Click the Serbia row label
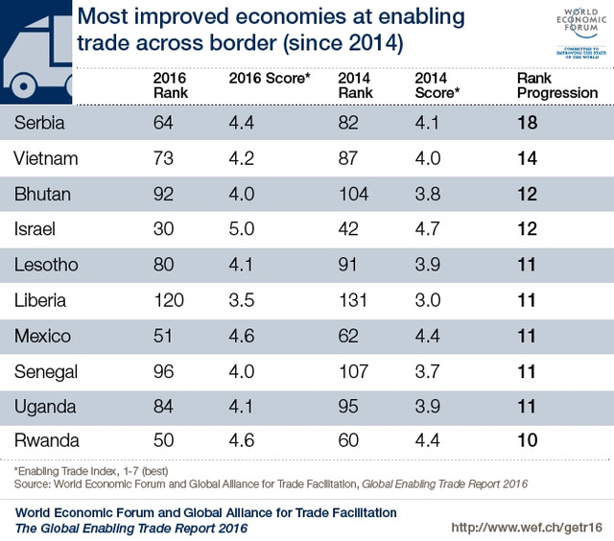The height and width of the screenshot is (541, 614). pyautogui.click(x=40, y=122)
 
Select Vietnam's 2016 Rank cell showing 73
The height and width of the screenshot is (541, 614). pyautogui.click(x=164, y=157)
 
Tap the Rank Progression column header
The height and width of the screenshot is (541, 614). pyautogui.click(x=556, y=85)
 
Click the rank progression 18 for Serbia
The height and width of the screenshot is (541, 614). pyautogui.click(x=526, y=122)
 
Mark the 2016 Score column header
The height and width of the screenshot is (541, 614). pyautogui.click(x=270, y=78)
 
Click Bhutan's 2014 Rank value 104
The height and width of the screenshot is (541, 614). pyautogui.click(x=354, y=193)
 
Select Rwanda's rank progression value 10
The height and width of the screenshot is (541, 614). pyautogui.click(x=526, y=440)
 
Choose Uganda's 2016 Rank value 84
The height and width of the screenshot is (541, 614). pyautogui.click(x=164, y=406)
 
